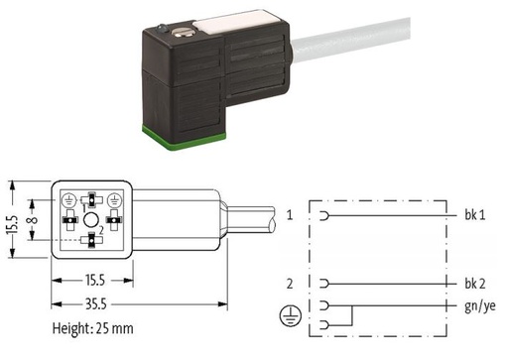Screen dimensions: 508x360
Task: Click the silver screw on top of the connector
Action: coord(181,32)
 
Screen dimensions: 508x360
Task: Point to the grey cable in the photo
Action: coord(350,40)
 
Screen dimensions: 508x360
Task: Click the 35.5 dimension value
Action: coord(96,304)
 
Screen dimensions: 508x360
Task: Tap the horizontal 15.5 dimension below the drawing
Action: coord(95,281)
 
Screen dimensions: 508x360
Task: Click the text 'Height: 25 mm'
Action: coord(93,328)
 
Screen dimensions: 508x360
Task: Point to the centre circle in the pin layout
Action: coord(90,220)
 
